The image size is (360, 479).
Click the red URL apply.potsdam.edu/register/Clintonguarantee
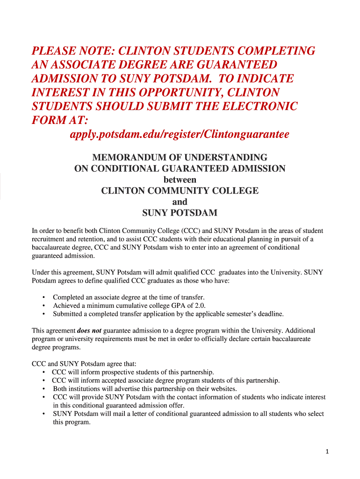(x=179, y=134)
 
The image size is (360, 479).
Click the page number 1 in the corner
(x=328, y=451)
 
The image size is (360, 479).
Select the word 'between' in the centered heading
(x=180, y=180)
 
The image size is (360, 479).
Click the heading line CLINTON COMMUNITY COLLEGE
(x=180, y=191)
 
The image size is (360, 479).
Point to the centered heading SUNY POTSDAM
(x=180, y=213)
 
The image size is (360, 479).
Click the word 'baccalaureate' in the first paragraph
(x=52, y=247)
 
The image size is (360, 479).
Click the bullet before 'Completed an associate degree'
(x=43, y=298)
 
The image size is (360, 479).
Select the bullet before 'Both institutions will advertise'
(x=43, y=389)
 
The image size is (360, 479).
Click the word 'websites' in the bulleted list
(x=223, y=389)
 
